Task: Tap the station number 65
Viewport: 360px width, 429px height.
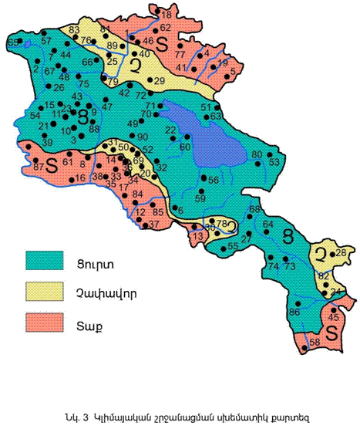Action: [x=12, y=42]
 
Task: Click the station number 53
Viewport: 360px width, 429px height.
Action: [x=274, y=162]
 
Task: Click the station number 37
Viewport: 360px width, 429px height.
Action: [x=153, y=224]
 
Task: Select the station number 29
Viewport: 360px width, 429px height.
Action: [x=160, y=81]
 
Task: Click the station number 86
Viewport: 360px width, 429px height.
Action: [x=294, y=312]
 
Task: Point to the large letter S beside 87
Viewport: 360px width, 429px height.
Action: [x=52, y=164]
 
